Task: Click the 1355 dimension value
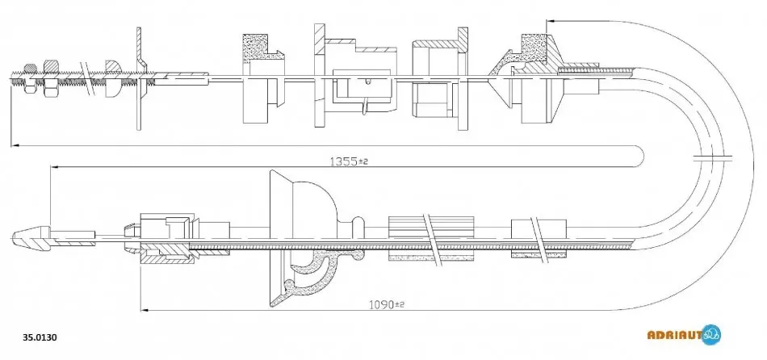coord(344,161)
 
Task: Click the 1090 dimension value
coord(380,304)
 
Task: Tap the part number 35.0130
coord(40,337)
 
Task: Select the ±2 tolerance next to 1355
coord(363,161)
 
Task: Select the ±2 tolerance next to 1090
coord(400,305)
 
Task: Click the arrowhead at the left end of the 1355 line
coord(55,167)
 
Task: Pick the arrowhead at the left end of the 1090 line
coord(145,310)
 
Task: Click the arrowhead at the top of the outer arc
coord(551,21)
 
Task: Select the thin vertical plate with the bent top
coord(139,78)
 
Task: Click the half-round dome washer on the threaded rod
coord(112,77)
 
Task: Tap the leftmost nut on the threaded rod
coord(29,78)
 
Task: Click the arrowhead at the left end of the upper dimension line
coord(15,144)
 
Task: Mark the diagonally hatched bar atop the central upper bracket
coord(320,39)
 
